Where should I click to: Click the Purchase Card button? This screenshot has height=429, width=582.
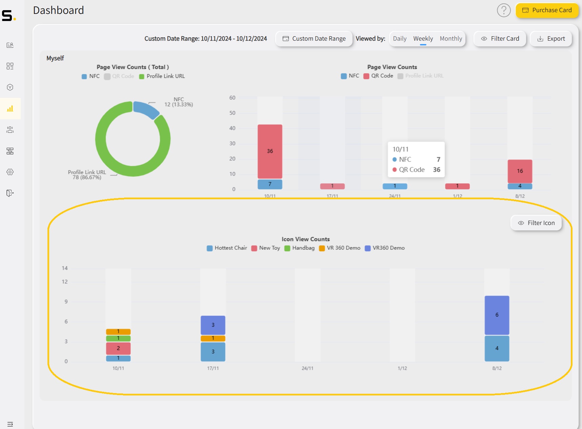547,10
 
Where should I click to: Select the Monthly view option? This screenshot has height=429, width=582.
450,39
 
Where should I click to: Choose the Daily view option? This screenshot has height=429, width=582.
400,39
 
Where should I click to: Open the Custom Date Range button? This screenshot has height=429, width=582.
314,39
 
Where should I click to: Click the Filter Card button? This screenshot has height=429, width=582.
500,39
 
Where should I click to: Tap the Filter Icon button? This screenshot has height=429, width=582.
536,223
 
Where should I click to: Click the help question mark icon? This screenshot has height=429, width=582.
504,10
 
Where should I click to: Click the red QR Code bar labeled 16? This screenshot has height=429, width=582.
520,171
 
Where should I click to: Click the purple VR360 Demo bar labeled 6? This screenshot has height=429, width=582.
497,315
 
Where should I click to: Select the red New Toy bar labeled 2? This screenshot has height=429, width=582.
118,348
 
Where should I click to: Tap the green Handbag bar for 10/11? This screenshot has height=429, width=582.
118,338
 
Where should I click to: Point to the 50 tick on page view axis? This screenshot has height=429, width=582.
232,113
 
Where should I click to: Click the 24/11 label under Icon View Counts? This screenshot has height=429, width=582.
307,368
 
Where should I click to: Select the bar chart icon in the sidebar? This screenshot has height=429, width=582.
10,108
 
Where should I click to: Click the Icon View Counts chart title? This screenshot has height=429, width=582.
305,239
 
